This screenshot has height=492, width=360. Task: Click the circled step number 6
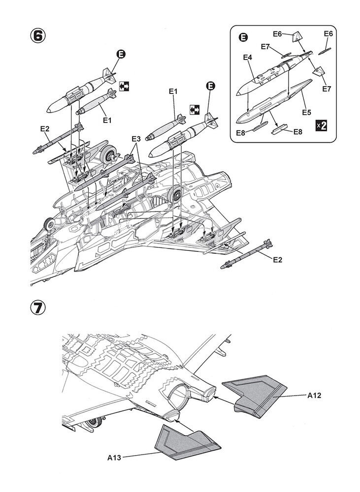(x=38, y=36)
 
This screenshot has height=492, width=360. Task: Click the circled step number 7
(x=38, y=308)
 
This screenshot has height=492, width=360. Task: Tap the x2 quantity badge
(x=321, y=126)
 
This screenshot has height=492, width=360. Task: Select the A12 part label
(x=314, y=396)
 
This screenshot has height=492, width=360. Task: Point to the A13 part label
(x=114, y=458)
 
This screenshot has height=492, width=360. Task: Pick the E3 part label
(x=136, y=139)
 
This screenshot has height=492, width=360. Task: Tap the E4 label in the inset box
(x=248, y=58)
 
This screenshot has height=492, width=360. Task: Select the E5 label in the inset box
(x=306, y=112)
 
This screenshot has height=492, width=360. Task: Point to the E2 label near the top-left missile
(x=45, y=128)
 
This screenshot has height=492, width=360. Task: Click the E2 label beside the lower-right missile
(x=277, y=259)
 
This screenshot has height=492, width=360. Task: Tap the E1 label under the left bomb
(x=107, y=120)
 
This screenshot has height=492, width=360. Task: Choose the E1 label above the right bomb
(x=173, y=92)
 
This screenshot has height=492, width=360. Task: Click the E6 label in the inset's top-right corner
(x=328, y=33)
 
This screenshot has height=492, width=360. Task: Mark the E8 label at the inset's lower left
(x=241, y=133)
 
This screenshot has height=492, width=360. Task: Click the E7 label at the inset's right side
(x=327, y=89)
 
